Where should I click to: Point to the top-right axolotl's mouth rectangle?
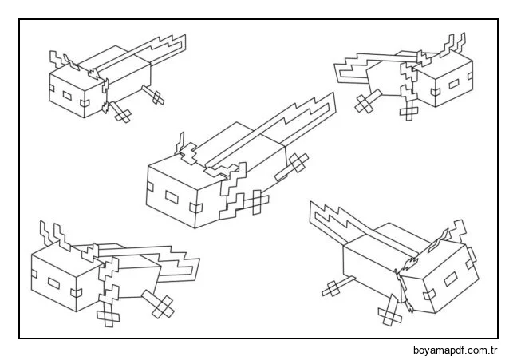(452, 83)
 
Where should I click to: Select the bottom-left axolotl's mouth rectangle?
(54, 282)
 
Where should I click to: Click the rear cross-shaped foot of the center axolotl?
(298, 164)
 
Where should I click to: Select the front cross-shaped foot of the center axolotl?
(255, 204)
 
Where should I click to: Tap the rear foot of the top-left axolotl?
(154, 95)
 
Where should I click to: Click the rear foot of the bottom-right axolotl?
(332, 287)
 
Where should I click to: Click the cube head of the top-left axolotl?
(76, 92)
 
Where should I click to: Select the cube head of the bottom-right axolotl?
(443, 275)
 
